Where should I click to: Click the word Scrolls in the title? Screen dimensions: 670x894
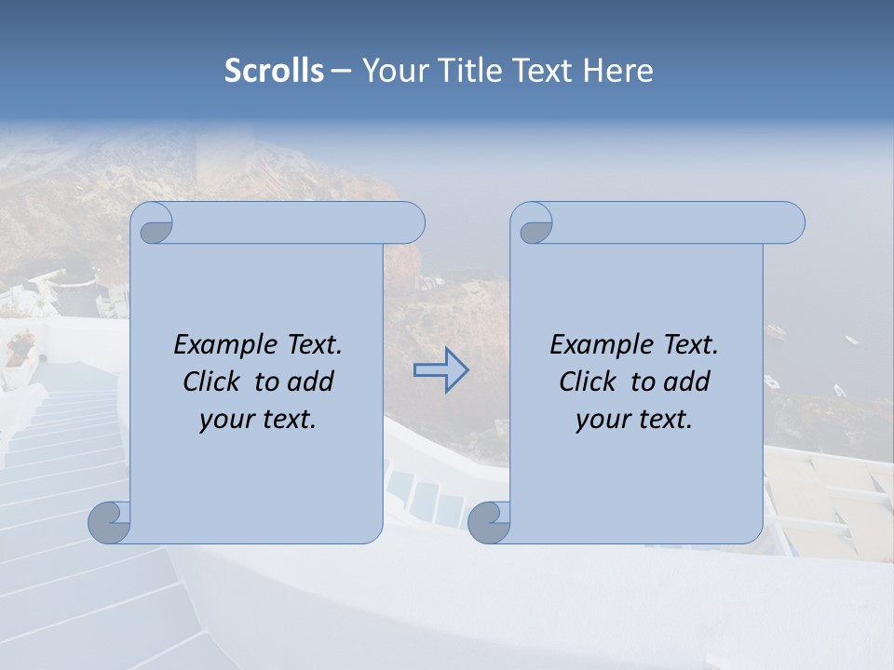pos(274,71)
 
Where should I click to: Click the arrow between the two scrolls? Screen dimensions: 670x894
pos(440,370)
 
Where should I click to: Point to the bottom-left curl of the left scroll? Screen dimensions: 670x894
pos(109,521)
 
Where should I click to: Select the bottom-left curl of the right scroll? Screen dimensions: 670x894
pos(488,521)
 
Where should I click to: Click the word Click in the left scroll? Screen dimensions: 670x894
pos(213,382)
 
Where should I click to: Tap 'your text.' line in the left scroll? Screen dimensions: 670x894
pos(258,420)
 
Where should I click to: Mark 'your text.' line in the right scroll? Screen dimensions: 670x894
pos(634,420)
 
